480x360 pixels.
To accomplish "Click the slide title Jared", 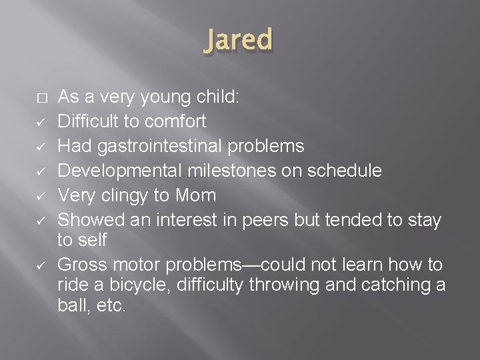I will [x=239, y=41].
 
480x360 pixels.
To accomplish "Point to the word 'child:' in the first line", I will [x=220, y=97].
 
